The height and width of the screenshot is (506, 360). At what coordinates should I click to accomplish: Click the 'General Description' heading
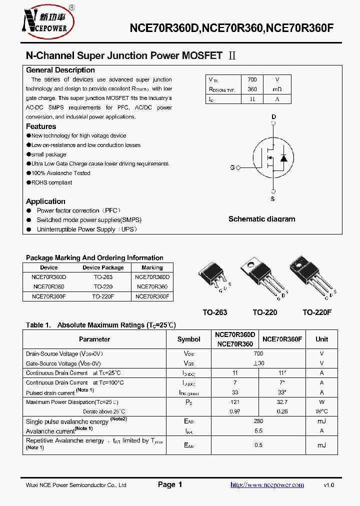60,70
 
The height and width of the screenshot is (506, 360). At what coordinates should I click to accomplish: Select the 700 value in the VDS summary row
252,80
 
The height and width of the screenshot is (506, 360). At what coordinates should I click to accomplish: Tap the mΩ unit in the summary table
276,89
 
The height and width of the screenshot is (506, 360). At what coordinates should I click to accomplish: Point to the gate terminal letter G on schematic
232,167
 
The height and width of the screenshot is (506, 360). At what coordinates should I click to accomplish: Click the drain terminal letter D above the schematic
273,117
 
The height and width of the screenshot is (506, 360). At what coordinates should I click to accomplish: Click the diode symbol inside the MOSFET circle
283,158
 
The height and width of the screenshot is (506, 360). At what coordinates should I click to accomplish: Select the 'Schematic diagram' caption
261,219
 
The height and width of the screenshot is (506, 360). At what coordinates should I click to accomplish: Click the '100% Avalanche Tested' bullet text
60,173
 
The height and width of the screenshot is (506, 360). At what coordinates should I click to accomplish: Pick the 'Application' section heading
45,201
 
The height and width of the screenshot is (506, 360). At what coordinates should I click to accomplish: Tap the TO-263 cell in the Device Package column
103,277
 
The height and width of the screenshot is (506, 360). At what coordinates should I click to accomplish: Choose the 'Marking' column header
152,267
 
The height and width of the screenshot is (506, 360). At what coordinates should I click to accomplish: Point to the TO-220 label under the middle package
264,312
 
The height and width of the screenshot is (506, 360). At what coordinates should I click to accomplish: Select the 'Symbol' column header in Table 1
188,339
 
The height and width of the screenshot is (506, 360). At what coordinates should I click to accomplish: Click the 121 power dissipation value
235,402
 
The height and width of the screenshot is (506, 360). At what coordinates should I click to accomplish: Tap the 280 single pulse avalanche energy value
258,421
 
